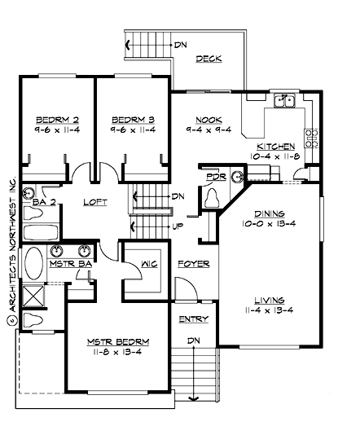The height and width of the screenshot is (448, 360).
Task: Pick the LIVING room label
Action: tap(270, 299)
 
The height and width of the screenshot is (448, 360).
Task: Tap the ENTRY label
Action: tap(192, 318)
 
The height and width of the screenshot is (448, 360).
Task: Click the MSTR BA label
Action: tap(68, 265)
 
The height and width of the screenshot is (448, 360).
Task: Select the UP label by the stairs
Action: tap(178, 226)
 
